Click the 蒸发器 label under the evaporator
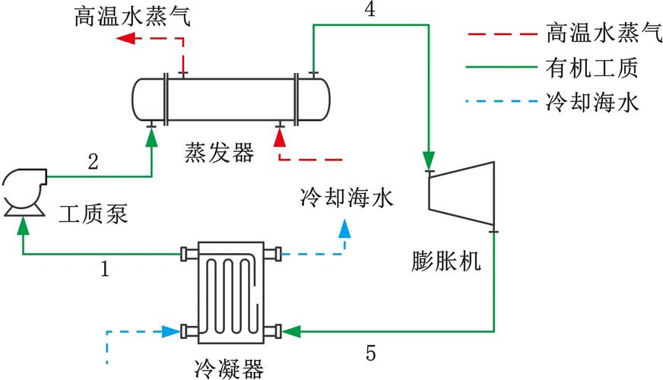[x=217, y=153]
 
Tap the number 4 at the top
[x=370, y=9]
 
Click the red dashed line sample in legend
[x=498, y=34]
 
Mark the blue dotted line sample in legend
[x=498, y=101]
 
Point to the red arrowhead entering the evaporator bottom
[x=280, y=137]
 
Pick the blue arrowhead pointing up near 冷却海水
[x=345, y=228]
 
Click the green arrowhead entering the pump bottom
[x=24, y=224]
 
